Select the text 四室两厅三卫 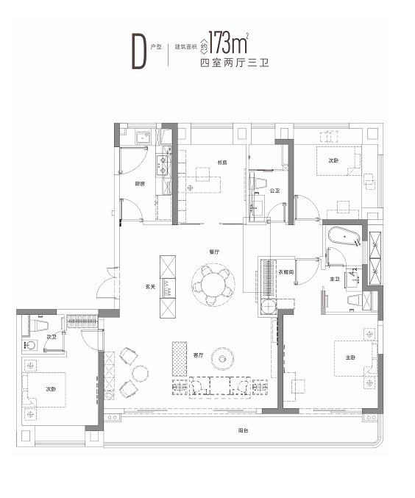point(231,64)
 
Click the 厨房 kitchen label point(139,183)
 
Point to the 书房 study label point(221,162)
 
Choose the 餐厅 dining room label point(214,252)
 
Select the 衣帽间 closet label point(288,271)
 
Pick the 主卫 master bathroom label point(334,280)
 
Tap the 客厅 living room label point(198,355)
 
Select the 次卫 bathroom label point(52,336)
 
